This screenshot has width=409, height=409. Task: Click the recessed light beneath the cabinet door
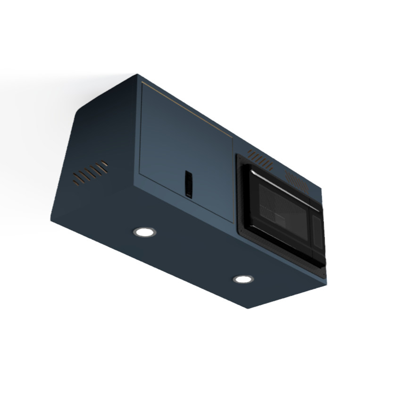pos(144,232)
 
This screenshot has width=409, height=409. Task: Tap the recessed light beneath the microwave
pos(243,279)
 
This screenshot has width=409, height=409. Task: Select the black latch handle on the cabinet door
pos(188,183)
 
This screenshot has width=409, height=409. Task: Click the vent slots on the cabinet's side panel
pos(90,173)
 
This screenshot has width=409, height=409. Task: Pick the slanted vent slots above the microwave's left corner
pos(260,160)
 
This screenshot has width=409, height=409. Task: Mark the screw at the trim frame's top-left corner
pos(239,157)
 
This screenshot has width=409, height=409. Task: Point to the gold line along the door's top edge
pos(189,106)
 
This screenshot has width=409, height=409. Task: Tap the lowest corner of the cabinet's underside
pos(248,308)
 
